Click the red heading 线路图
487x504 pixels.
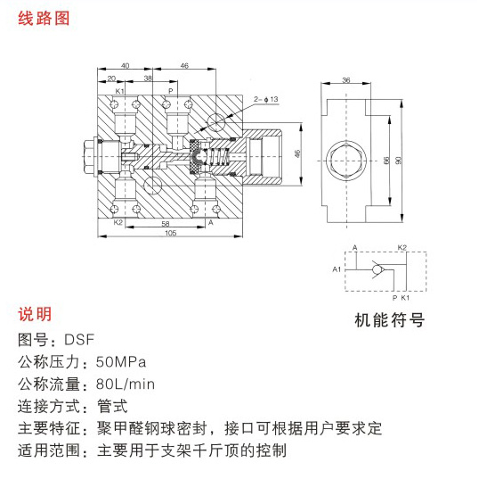click(x=44, y=18)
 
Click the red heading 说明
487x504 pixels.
click(x=35, y=314)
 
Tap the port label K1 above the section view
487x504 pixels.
click(x=119, y=91)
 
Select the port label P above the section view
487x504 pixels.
click(x=171, y=91)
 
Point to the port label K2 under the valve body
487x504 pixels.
click(x=118, y=222)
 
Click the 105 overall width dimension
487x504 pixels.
click(x=170, y=233)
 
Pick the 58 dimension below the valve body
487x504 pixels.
click(x=166, y=224)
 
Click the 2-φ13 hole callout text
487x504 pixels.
click(x=266, y=99)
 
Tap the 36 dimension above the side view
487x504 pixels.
click(x=345, y=80)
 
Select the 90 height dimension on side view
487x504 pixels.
click(x=398, y=160)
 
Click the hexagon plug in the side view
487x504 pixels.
click(x=346, y=161)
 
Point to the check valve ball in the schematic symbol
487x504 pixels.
click(x=377, y=270)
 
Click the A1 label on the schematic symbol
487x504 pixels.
click(x=337, y=269)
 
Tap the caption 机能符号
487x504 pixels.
click(x=389, y=320)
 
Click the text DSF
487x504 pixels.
click(x=79, y=340)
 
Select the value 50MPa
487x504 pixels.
click(x=121, y=362)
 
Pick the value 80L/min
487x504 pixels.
click(x=126, y=384)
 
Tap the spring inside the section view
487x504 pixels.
click(x=218, y=157)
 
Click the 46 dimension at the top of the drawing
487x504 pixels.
click(x=184, y=66)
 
